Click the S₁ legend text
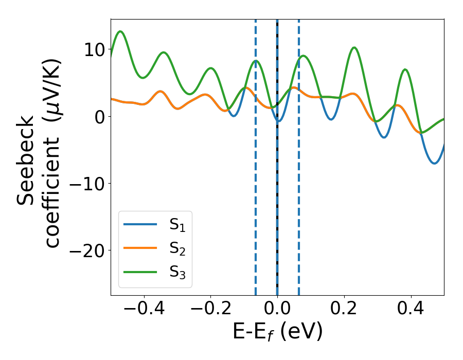177,225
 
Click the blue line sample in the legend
140,224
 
